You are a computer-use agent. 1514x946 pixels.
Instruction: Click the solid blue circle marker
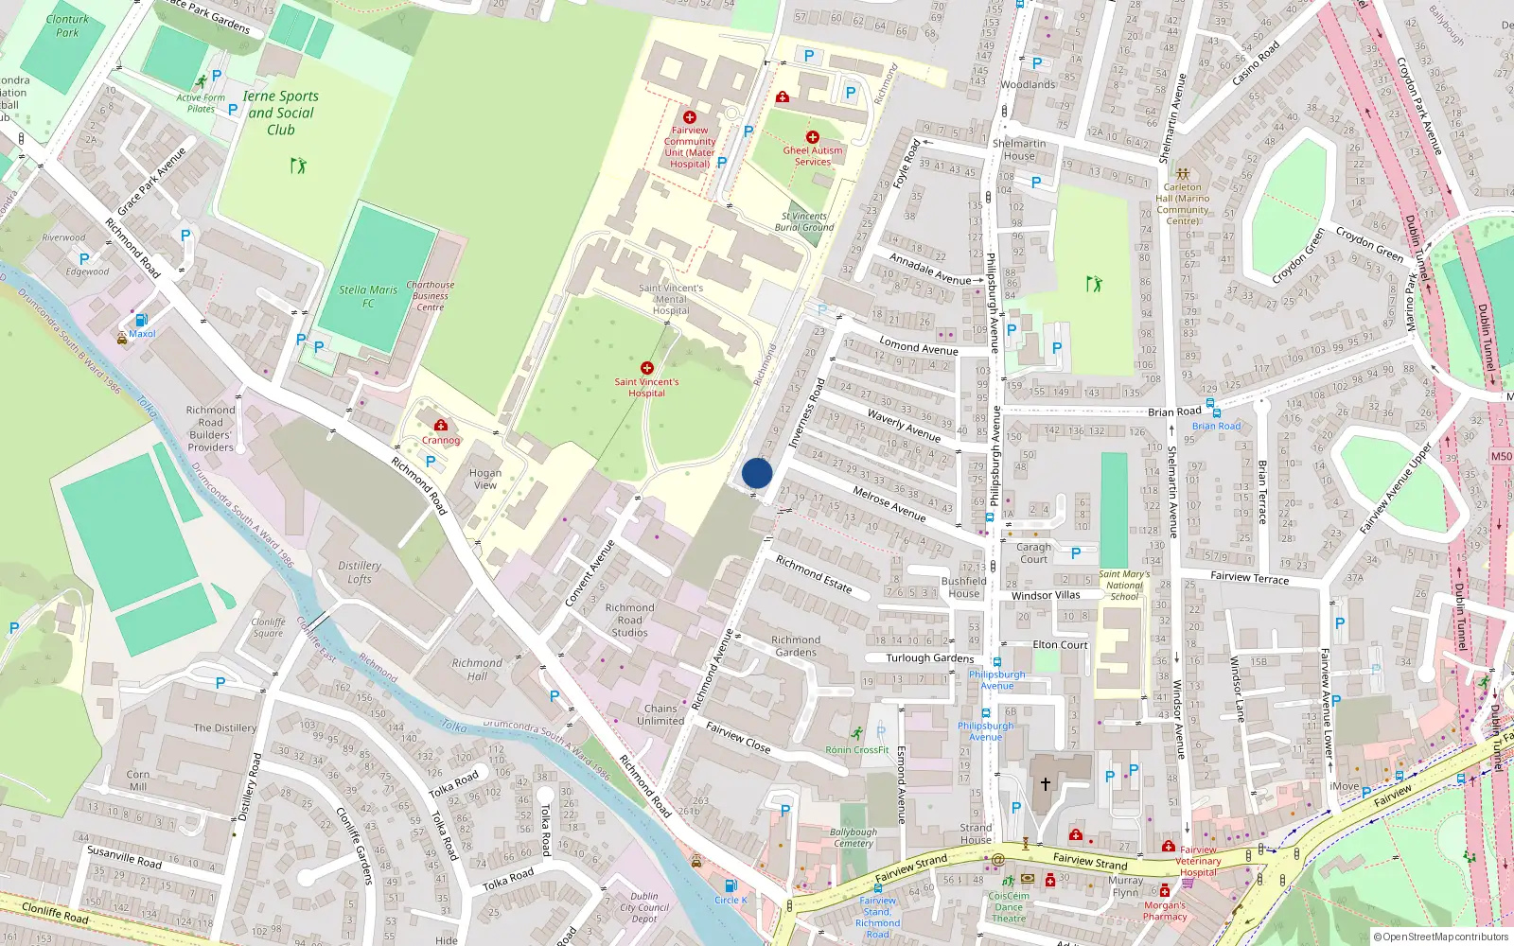[x=757, y=473]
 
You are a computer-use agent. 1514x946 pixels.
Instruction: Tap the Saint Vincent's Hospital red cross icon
[x=647, y=368]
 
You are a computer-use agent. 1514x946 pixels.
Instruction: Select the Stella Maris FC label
[x=368, y=296]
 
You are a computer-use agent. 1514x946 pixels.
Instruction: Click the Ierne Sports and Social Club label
[x=281, y=113]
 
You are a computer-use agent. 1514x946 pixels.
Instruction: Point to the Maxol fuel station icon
[x=142, y=320]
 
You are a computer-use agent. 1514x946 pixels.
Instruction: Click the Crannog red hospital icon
[x=441, y=426]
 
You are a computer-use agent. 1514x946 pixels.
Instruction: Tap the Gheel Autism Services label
[x=813, y=156]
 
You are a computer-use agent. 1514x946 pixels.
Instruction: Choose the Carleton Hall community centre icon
[x=1182, y=174]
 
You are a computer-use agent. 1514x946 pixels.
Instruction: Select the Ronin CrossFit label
[x=857, y=750]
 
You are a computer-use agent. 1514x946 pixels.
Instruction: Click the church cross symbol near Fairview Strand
[x=1046, y=783]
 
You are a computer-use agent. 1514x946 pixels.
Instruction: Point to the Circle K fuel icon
[x=731, y=886]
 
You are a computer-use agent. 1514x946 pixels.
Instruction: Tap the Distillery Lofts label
[x=360, y=572]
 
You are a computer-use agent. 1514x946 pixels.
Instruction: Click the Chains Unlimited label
[x=660, y=714]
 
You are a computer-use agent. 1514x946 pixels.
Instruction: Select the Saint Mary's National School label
[x=1124, y=586]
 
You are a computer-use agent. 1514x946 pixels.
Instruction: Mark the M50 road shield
[x=1502, y=456]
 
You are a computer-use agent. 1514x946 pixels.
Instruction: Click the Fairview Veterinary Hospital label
[x=1198, y=861]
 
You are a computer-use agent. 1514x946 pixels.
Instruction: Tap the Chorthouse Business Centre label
[x=431, y=296]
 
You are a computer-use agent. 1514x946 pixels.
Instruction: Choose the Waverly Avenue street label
[x=904, y=427]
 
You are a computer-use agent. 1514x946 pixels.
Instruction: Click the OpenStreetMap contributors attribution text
[x=1446, y=937]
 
